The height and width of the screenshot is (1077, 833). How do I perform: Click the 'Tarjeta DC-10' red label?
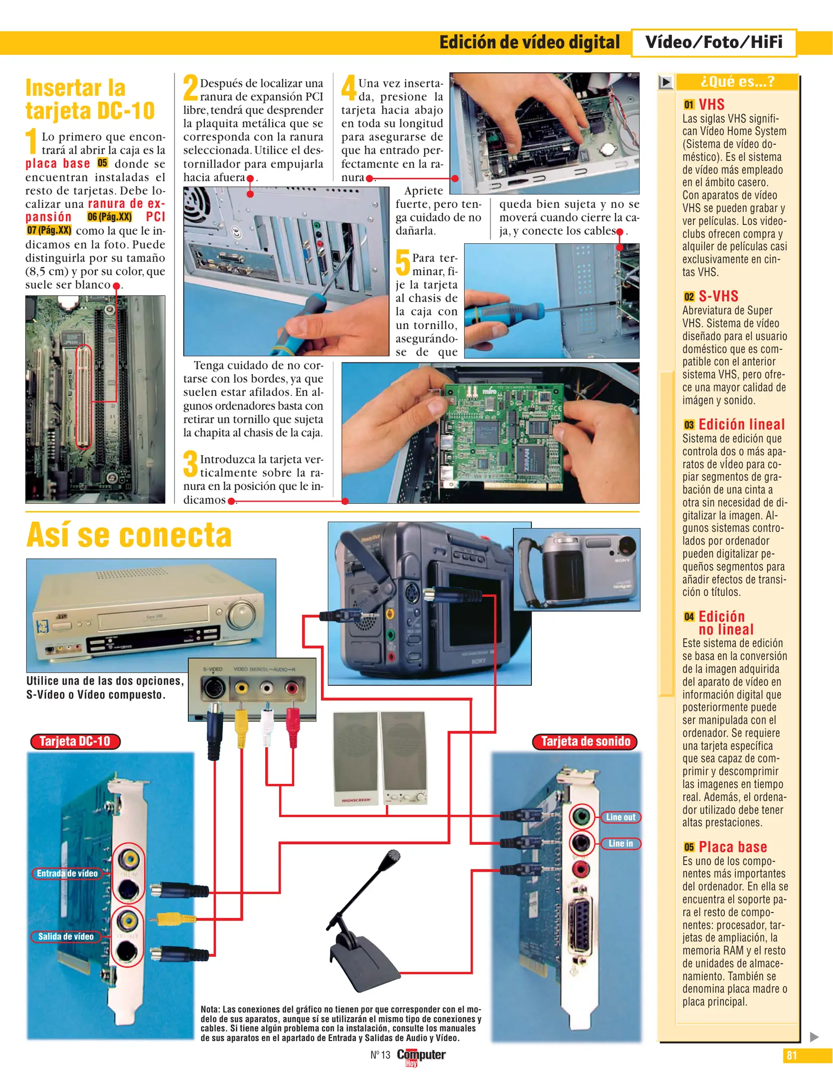[x=75, y=741]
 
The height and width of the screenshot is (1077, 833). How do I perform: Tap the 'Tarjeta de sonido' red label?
[x=585, y=741]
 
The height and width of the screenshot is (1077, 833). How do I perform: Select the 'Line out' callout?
[x=620, y=817]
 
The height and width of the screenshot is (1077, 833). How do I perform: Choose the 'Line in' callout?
[x=620, y=844]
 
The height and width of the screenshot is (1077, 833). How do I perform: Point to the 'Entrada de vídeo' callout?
[x=67, y=874]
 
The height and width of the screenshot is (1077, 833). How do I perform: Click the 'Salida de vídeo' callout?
[x=66, y=936]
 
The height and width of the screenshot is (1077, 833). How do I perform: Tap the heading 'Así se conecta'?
[x=129, y=535]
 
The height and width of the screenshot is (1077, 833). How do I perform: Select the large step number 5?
[x=403, y=263]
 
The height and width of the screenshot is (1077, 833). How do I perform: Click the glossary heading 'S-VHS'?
[x=718, y=296]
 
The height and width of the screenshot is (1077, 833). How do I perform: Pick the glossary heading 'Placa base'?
[x=732, y=847]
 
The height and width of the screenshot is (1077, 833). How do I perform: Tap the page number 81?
[x=792, y=1056]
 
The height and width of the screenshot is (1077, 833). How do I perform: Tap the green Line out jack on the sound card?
[x=581, y=817]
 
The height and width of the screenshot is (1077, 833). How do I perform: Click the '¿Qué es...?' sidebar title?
[x=737, y=81]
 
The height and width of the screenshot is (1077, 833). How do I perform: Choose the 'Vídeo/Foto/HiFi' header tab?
[x=713, y=42]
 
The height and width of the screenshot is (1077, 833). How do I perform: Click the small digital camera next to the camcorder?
[x=577, y=569]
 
